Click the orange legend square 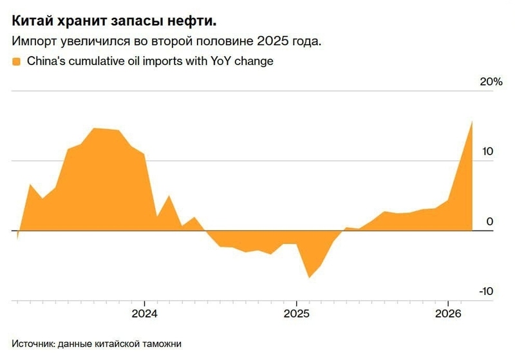[16, 62]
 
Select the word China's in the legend [45, 62]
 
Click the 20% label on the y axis [490, 82]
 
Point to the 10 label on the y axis [488, 152]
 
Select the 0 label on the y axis [490, 222]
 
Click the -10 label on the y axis [486, 292]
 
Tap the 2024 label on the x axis [144, 315]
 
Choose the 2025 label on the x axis [296, 315]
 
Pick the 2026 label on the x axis [448, 315]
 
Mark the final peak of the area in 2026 [473, 121]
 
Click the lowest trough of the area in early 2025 [309, 278]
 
